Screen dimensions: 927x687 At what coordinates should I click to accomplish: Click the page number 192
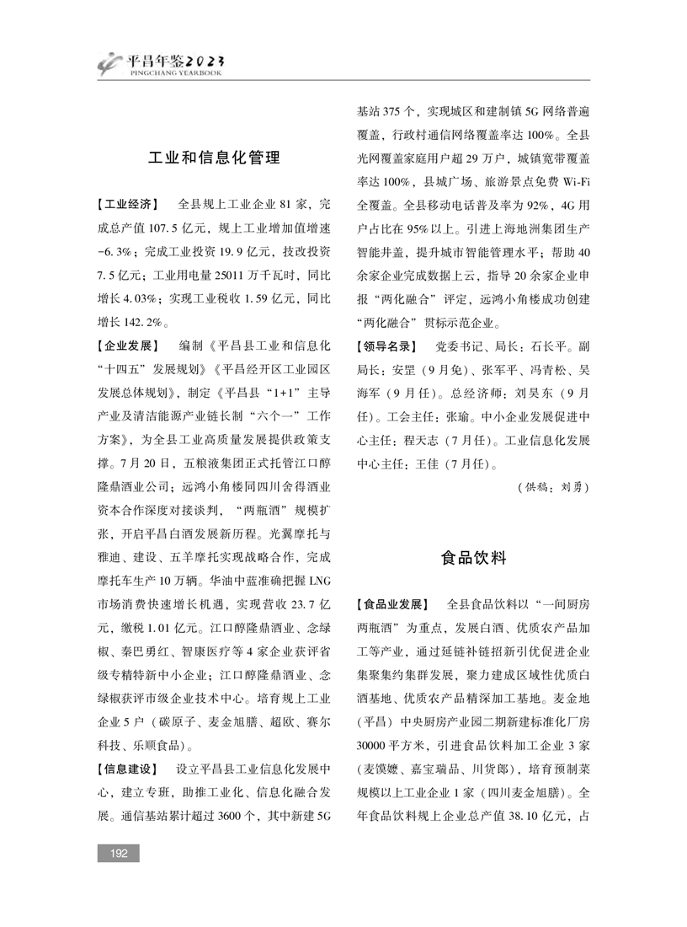(119, 854)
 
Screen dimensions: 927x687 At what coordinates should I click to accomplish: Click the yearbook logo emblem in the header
(108, 62)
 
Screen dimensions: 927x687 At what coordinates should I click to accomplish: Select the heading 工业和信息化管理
(214, 158)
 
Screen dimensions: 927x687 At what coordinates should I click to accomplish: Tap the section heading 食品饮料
(474, 558)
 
